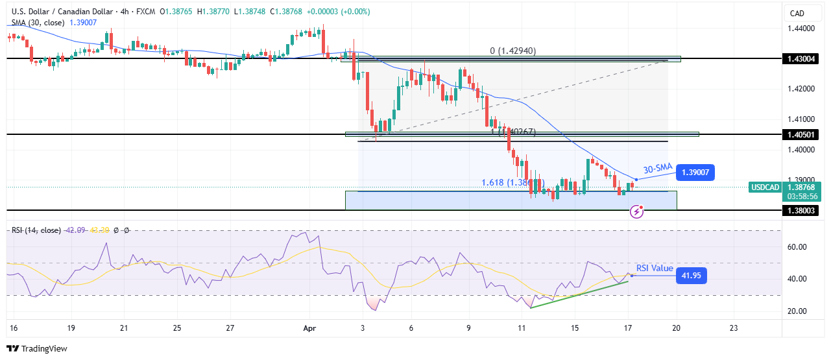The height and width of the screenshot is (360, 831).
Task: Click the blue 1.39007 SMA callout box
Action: (695, 173)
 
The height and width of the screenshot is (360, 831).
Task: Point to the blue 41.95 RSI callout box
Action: (692, 276)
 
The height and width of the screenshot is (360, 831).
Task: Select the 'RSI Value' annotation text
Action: (655, 267)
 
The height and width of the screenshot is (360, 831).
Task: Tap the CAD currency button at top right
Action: (796, 13)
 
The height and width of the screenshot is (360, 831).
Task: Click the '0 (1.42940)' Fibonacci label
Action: (512, 51)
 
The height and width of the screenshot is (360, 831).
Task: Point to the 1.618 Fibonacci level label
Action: (506, 183)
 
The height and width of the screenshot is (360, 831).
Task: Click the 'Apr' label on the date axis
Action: (309, 328)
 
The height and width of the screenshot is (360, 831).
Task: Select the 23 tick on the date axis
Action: (733, 328)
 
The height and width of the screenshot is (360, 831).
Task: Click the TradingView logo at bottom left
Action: (37, 348)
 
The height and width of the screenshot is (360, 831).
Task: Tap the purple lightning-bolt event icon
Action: (638, 211)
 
